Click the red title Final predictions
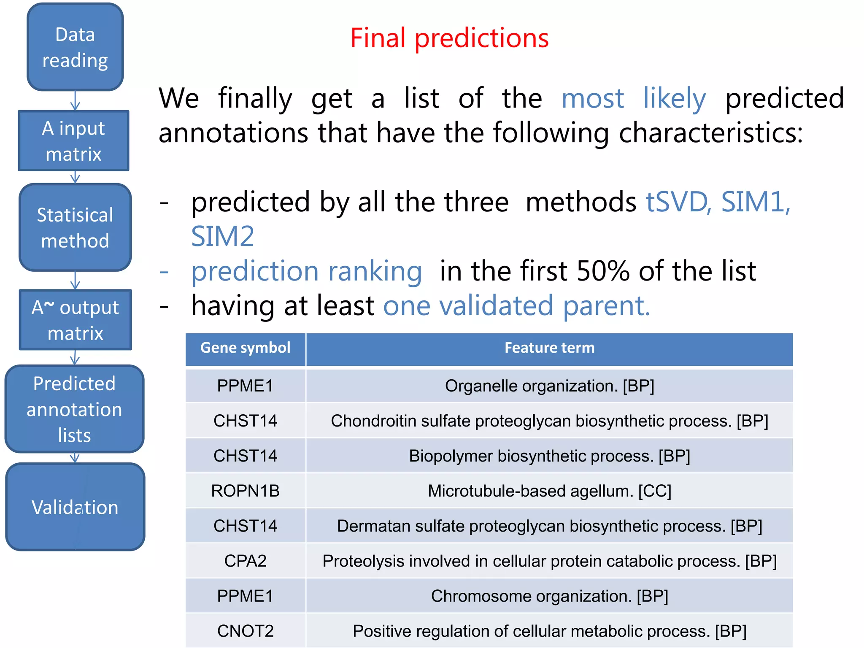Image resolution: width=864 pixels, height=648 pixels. [449, 38]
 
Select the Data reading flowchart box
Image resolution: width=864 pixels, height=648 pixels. [75, 47]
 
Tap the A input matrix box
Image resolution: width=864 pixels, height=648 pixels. [73, 141]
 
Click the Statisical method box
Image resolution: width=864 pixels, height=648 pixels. [75, 228]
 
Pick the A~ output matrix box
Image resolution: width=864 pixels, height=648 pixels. [75, 320]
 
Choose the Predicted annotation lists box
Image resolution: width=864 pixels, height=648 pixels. [74, 409]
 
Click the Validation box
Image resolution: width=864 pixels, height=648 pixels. [75, 507]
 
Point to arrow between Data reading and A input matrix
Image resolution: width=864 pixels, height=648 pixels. [75, 101]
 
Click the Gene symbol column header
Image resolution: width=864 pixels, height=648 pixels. [245, 348]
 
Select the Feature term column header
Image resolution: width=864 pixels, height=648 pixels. [549, 348]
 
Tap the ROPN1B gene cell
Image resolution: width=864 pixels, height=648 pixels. [245, 491]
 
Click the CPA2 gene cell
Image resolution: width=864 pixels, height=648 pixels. [245, 561]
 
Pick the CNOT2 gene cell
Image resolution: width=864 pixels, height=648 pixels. [245, 631]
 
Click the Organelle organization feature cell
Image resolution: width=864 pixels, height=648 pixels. [549, 386]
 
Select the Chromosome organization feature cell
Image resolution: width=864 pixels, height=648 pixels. [549, 596]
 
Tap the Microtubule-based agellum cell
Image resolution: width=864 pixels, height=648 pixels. [549, 491]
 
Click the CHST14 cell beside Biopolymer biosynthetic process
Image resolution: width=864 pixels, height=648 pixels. [245, 456]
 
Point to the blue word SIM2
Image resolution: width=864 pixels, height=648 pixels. [222, 236]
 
